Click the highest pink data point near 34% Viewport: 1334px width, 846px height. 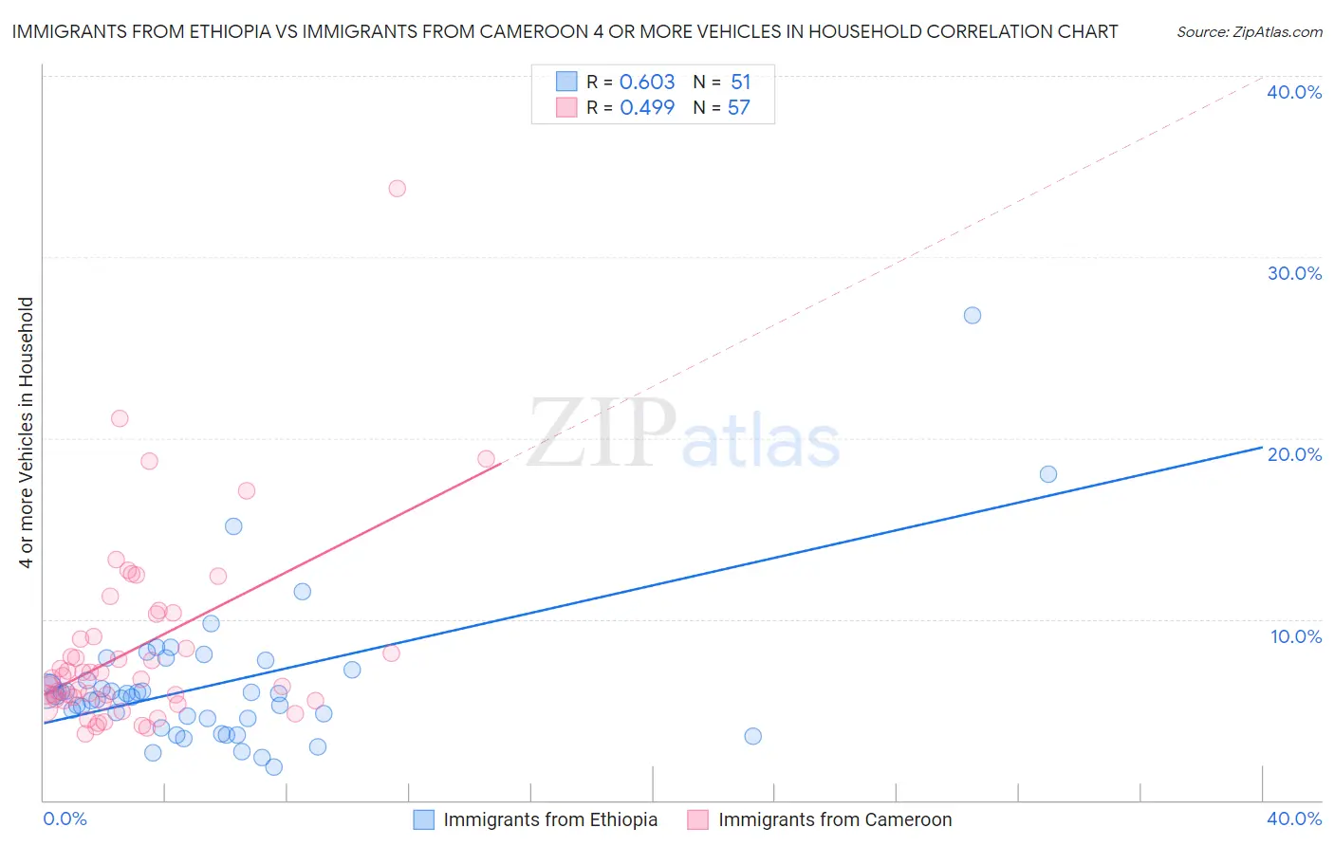398,189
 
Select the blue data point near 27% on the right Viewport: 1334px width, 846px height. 973,316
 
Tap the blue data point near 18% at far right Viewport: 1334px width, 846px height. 1048,474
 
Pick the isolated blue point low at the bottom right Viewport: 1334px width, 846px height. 753,736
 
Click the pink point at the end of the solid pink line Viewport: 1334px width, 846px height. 487,459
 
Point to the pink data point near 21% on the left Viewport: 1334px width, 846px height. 120,418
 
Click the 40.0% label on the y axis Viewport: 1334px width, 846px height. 1294,92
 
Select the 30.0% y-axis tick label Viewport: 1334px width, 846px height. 1294,273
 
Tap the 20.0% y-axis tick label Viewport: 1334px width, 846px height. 1294,454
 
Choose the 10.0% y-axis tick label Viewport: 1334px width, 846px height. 1294,636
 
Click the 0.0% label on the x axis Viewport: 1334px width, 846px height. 65,818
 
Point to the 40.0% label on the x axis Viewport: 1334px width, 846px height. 1294,818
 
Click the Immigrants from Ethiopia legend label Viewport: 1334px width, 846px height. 550,819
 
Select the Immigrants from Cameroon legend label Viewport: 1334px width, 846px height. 835,819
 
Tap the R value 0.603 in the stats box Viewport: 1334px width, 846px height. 647,83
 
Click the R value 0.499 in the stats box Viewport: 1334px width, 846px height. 647,108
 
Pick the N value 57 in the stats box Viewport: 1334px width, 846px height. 739,108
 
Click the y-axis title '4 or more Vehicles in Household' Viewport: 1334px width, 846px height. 27,432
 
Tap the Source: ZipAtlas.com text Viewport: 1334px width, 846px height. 1250,32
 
